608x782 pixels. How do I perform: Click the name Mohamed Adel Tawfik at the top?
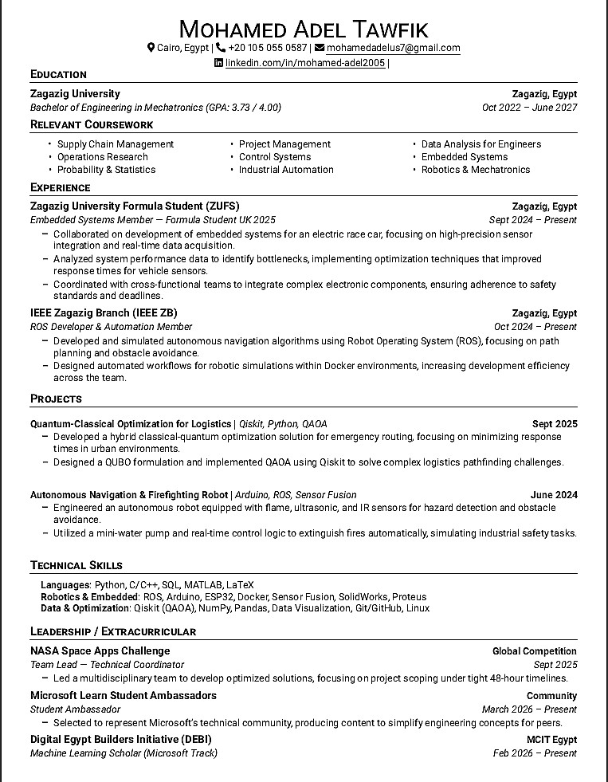tap(304, 29)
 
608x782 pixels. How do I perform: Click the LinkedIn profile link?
tap(305, 63)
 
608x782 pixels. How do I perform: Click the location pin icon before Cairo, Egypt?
tap(151, 48)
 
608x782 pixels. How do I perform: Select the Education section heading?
tap(58, 74)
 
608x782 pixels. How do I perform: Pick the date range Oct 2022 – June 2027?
tap(529, 107)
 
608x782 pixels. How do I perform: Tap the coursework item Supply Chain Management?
tap(116, 144)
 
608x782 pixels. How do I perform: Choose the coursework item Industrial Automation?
tap(286, 170)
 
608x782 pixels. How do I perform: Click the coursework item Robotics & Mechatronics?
tap(475, 170)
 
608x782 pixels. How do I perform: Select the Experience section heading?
tap(60, 187)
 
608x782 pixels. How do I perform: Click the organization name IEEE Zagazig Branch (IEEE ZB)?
tap(104, 312)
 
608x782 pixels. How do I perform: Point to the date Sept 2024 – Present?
tap(533, 219)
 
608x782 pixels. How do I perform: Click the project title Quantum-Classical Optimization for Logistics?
tap(131, 424)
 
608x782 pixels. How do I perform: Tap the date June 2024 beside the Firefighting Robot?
tap(554, 495)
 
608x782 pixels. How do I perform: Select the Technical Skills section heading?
tap(76, 565)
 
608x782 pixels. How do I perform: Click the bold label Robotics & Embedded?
tap(89, 596)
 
